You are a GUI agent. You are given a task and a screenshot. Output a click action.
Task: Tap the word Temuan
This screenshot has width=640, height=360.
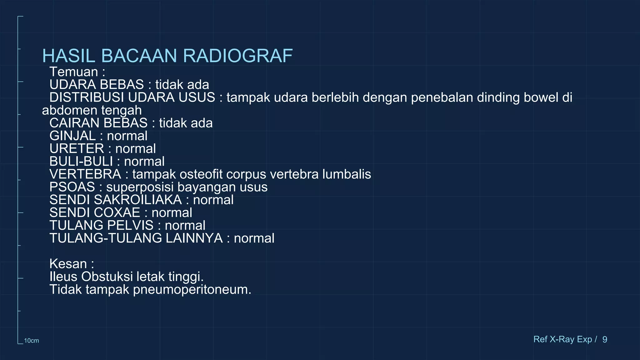click(74, 72)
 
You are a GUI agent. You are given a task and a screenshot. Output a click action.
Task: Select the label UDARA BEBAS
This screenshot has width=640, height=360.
click(97, 85)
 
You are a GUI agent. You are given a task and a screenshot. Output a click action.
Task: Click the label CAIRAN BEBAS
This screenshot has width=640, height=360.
click(98, 123)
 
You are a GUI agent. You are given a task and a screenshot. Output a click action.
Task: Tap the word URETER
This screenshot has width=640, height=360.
click(77, 149)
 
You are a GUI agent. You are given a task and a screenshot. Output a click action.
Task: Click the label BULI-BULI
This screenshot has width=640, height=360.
click(81, 162)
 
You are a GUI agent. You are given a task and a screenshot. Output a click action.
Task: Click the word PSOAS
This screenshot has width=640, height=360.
click(72, 187)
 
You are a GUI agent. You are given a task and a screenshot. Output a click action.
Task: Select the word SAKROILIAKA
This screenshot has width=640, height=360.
click(138, 200)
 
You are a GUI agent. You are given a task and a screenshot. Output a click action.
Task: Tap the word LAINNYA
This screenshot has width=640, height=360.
click(194, 238)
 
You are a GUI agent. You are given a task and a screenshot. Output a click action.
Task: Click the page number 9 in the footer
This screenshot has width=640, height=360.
click(605, 339)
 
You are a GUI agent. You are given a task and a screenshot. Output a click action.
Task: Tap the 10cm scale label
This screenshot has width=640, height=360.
click(32, 341)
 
